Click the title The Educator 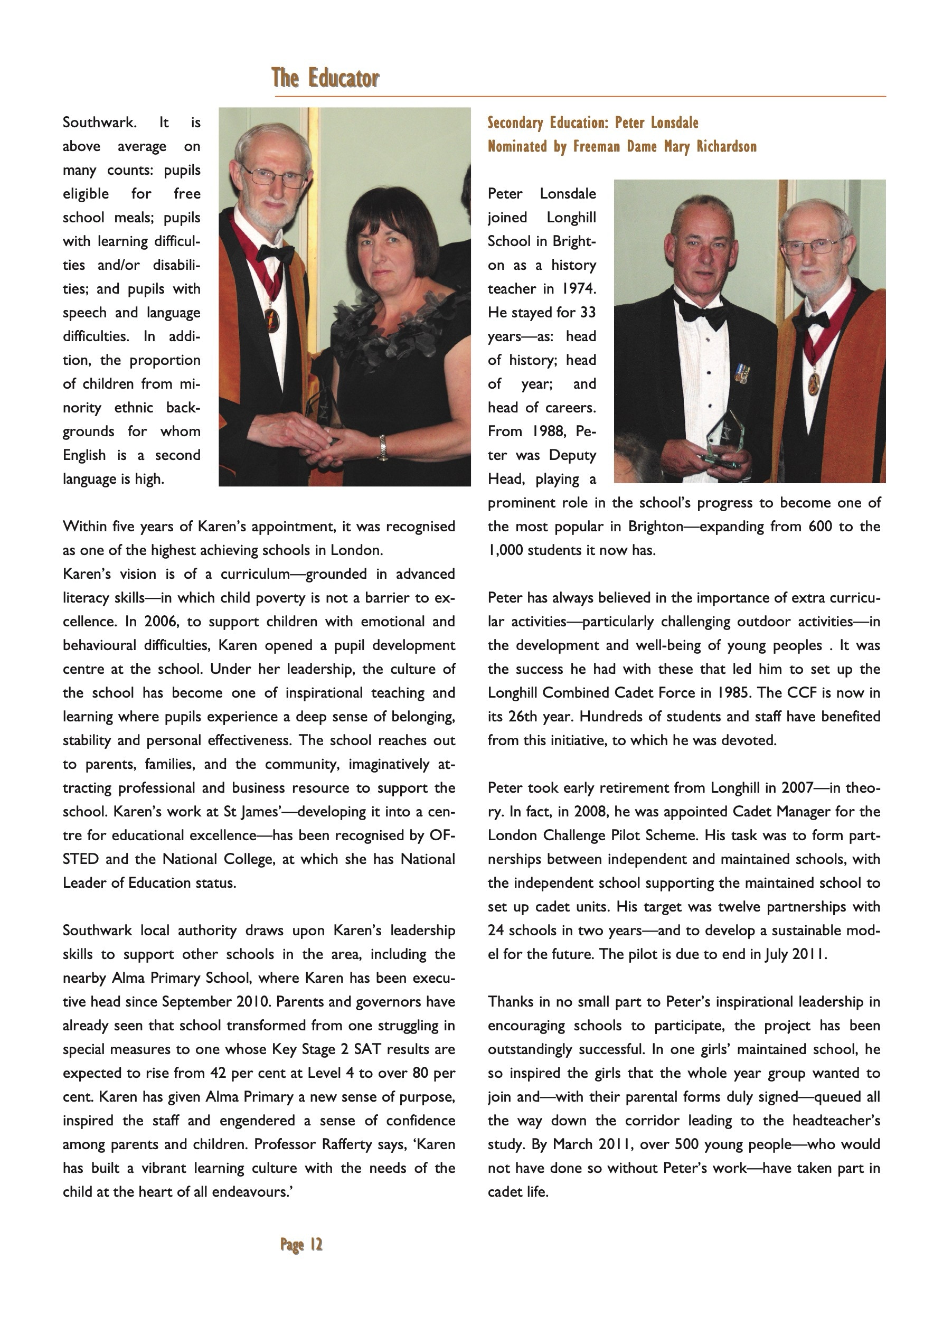point(325,78)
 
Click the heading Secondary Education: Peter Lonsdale point(592,123)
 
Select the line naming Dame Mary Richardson point(621,146)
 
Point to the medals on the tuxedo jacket point(741,372)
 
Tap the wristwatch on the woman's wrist point(382,448)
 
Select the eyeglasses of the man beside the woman point(273,175)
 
